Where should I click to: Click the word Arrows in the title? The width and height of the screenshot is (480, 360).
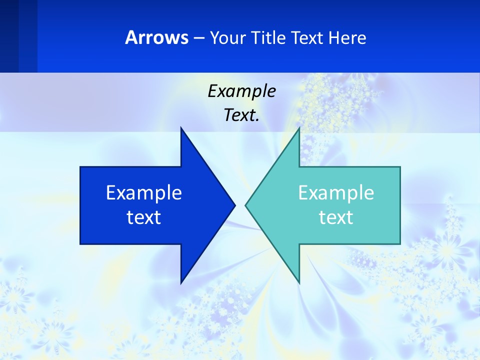156,37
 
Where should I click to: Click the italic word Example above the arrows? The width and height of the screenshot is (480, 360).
241,91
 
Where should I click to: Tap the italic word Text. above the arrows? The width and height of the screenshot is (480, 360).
241,115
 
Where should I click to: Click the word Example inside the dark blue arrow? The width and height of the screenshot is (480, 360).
144,192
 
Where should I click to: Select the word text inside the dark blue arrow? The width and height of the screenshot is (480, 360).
144,217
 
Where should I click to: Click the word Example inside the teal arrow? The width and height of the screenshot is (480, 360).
336,192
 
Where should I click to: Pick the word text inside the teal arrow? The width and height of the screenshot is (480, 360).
336,217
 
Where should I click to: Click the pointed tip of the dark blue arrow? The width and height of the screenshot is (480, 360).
234,205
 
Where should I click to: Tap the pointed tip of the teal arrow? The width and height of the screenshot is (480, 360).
246,205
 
